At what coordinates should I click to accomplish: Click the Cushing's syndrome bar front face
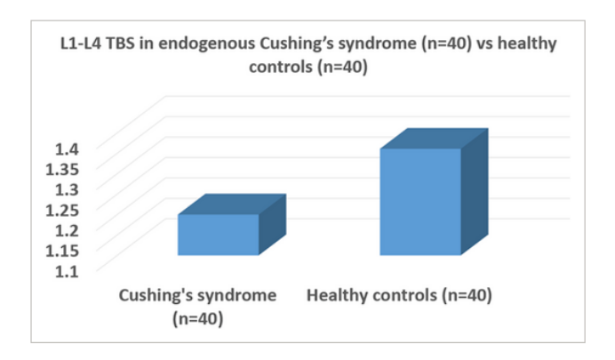(219, 235)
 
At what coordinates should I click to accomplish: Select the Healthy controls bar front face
(420, 202)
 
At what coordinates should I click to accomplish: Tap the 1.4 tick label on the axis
(67, 149)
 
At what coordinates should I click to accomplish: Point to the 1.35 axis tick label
(62, 170)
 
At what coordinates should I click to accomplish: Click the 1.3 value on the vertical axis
(67, 190)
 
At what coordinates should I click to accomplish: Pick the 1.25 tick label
(62, 211)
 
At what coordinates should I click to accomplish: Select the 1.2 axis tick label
(67, 230)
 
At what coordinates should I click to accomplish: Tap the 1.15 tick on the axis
(62, 251)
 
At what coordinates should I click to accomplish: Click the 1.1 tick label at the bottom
(67, 271)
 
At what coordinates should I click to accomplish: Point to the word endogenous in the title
(207, 44)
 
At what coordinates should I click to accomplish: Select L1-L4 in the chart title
(81, 44)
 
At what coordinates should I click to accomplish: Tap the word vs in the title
(484, 44)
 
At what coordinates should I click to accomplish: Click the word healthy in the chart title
(527, 44)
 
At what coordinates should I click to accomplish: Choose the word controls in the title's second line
(281, 67)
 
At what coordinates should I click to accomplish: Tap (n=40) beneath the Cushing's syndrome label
(197, 318)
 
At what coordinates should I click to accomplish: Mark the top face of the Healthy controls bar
(435, 139)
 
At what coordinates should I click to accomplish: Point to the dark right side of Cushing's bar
(273, 224)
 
